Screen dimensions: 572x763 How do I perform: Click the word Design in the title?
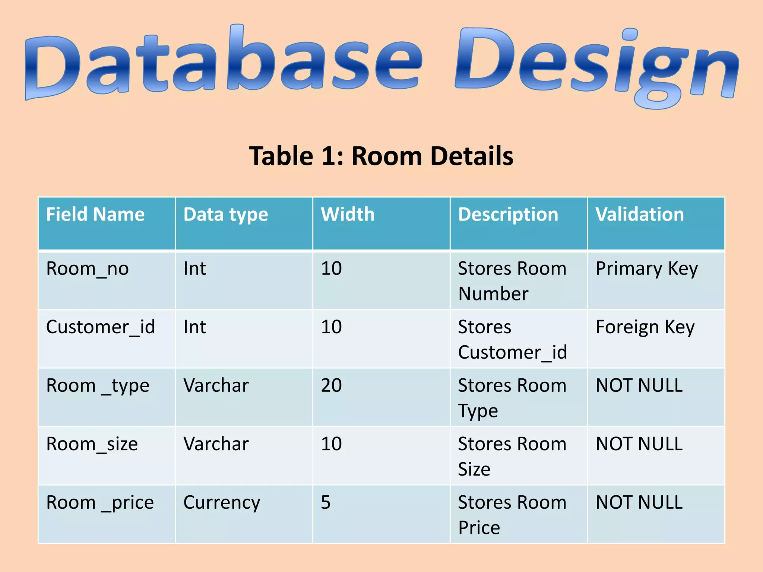pyautogui.click(x=596, y=65)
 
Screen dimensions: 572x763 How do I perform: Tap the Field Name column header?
pyautogui.click(x=95, y=214)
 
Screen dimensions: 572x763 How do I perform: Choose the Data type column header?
pyautogui.click(x=226, y=215)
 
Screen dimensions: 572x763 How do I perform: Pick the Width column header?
pyautogui.click(x=348, y=214)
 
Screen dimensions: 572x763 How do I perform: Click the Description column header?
pyautogui.click(x=508, y=215)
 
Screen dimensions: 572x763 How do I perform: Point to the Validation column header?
pyautogui.click(x=640, y=214)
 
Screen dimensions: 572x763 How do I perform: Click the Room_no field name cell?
pyautogui.click(x=88, y=269)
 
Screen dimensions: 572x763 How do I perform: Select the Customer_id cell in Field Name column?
pyautogui.click(x=100, y=327)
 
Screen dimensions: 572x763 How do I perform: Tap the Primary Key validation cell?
pyautogui.click(x=646, y=269)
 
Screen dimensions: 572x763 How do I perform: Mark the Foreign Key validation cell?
pyautogui.click(x=645, y=327)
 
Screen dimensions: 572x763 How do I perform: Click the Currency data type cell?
pyautogui.click(x=222, y=503)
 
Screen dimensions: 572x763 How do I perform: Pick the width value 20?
pyautogui.click(x=331, y=385)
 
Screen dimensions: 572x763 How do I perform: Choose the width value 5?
pyautogui.click(x=326, y=502)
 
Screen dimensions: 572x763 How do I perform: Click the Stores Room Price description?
pyautogui.click(x=512, y=515)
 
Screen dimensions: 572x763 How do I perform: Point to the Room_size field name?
pyautogui.click(x=92, y=444)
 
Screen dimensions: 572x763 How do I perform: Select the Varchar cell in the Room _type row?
pyautogui.click(x=216, y=385)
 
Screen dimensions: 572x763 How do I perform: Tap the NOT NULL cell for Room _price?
pyautogui.click(x=639, y=502)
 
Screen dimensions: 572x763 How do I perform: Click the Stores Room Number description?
pyautogui.click(x=512, y=281)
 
